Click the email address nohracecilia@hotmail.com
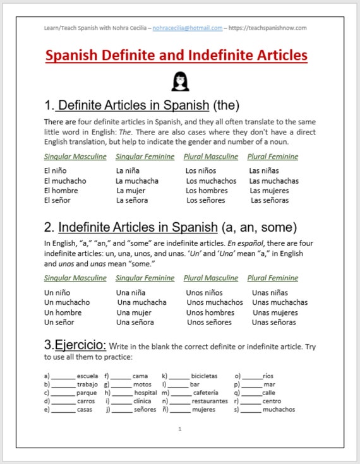[188, 28]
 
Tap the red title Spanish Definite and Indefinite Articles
[176, 56]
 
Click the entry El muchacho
[65, 181]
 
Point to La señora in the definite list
[132, 200]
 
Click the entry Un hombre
[63, 312]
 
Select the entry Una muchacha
[141, 302]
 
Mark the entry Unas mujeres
[275, 312]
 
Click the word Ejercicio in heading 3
[81, 345]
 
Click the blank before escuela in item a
[63, 377]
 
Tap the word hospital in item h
[146, 393]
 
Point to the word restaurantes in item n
[210, 401]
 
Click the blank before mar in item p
[252, 385]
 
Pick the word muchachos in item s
[279, 409]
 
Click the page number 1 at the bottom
[180, 429]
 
